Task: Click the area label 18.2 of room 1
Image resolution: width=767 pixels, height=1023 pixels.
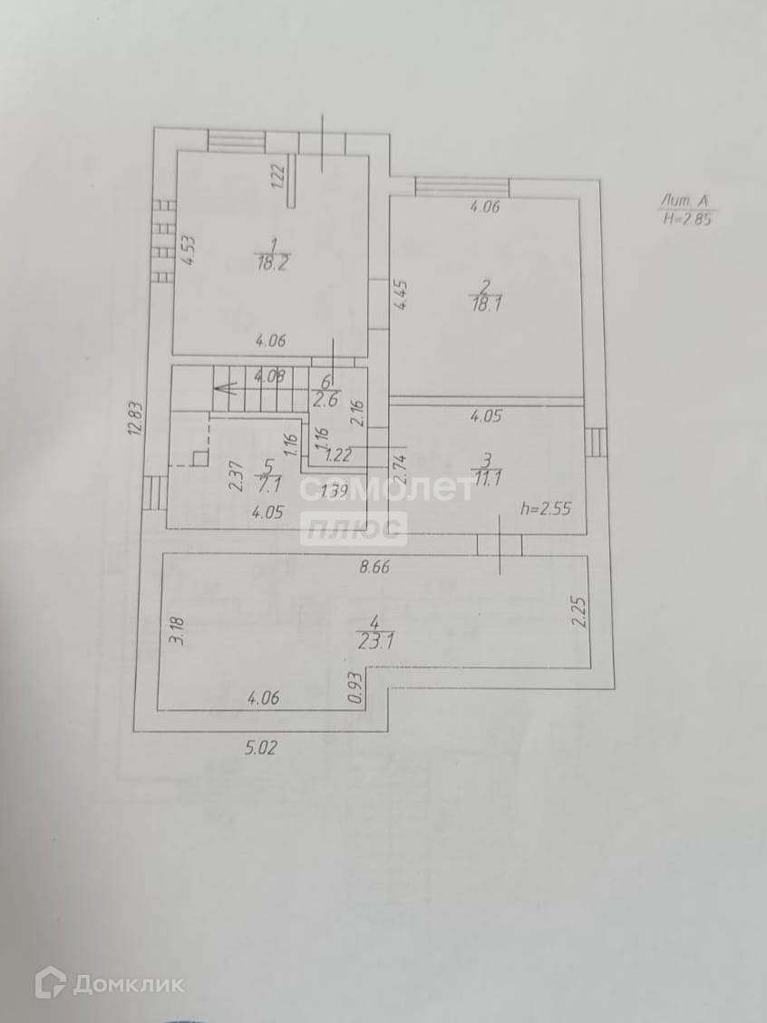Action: click(x=268, y=262)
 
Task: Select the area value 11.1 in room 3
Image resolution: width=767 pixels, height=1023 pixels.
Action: click(x=487, y=481)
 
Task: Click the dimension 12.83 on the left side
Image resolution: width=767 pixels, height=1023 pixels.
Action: click(x=134, y=421)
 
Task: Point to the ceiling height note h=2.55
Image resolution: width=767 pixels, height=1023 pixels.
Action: click(x=545, y=508)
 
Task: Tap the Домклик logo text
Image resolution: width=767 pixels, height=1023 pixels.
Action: click(x=127, y=984)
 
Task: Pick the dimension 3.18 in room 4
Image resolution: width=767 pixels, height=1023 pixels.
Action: click(x=178, y=629)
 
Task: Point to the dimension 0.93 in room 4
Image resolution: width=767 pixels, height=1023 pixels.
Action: click(x=354, y=687)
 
